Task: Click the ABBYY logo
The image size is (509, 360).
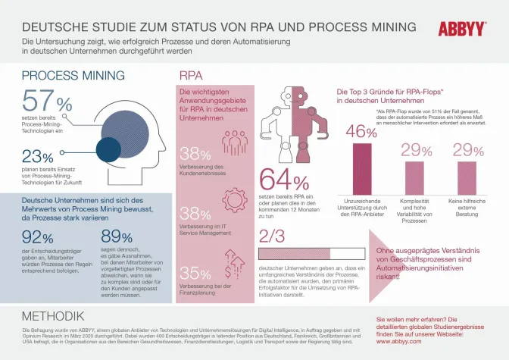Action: click(461, 29)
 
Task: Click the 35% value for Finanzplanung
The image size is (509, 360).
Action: click(195, 273)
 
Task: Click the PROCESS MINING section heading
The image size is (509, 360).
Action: click(73, 76)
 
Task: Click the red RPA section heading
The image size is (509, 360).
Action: click(190, 76)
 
